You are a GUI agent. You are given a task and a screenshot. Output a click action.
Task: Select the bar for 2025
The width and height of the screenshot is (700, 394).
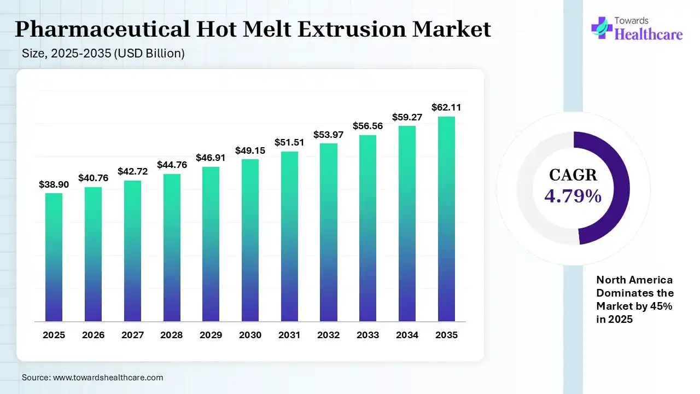(54, 257)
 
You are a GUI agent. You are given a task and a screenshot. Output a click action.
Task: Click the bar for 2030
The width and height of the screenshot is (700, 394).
(250, 240)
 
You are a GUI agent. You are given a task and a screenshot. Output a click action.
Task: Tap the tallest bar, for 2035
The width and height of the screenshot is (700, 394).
(446, 219)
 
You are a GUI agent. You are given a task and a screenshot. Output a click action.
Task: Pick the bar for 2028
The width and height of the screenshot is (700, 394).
(172, 247)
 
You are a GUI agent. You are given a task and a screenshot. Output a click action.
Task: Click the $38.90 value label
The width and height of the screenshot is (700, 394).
(54, 185)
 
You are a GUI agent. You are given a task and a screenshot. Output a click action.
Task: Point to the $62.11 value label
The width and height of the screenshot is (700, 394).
(446, 108)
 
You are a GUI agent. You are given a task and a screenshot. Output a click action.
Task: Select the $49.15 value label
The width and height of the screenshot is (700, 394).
(250, 150)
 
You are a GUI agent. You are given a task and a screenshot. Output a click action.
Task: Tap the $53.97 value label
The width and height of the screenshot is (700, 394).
(328, 135)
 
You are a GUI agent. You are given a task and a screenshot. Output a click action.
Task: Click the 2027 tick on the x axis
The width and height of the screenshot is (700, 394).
(132, 335)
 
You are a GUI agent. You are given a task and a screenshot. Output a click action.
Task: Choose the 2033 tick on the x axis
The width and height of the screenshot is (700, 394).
(367, 335)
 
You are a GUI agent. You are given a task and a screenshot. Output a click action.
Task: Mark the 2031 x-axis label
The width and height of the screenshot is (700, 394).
(289, 335)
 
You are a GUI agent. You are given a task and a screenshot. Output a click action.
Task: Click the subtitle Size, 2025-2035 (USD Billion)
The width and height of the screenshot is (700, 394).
(103, 54)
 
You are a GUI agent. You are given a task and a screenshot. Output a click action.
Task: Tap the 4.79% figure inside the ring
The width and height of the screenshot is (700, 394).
(573, 195)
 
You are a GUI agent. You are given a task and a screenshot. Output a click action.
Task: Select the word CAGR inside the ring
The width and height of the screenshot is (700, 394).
(573, 175)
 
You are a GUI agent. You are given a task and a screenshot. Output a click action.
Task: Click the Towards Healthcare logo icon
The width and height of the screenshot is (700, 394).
(602, 28)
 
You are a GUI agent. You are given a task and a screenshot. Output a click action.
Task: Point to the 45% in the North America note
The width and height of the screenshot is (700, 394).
(662, 306)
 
